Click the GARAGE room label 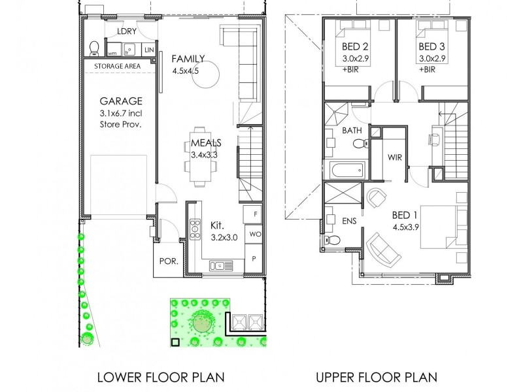click(x=121, y=101)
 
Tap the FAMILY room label click(x=188, y=58)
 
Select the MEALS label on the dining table click(x=206, y=142)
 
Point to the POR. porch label click(x=169, y=261)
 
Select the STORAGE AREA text click(x=118, y=67)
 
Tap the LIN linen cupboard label click(x=149, y=50)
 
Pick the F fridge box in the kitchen click(x=254, y=214)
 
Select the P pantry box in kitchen click(x=254, y=259)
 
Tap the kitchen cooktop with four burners click(x=195, y=229)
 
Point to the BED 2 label click(x=355, y=47)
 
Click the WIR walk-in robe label click(x=395, y=157)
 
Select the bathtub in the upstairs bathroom click(x=347, y=171)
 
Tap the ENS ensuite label click(x=349, y=221)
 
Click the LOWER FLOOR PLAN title click(x=161, y=377)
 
